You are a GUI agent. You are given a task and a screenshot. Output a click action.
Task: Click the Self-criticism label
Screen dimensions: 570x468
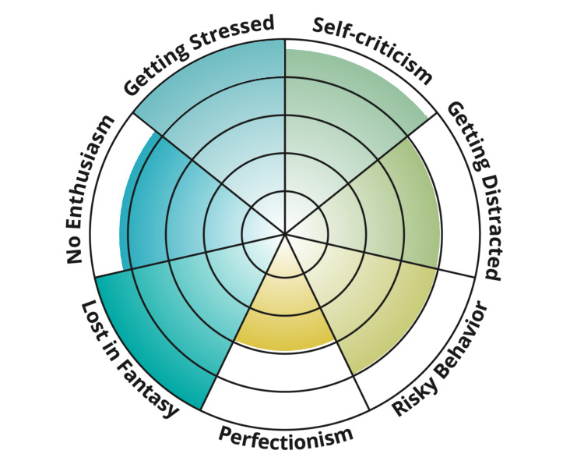coord(372,49)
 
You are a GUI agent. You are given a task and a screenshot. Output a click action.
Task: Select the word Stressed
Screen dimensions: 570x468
coord(232,34)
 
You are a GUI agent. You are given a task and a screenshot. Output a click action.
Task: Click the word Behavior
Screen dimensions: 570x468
coord(463,338)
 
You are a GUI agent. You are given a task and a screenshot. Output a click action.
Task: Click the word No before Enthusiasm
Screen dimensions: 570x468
coord(74,251)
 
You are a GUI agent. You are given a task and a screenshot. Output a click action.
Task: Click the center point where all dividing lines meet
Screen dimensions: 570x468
coord(285,233)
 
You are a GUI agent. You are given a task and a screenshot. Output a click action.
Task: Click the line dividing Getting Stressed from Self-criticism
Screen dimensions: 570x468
coord(285,136)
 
